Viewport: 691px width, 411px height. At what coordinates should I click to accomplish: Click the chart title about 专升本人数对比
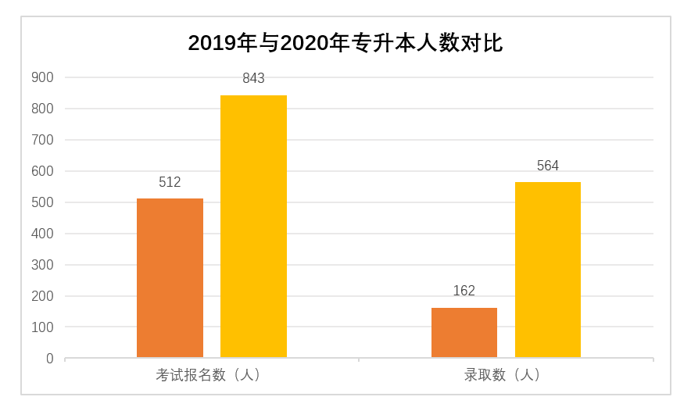(345, 43)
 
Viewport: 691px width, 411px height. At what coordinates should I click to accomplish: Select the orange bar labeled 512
(170, 278)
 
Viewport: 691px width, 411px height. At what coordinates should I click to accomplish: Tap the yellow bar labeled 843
(253, 227)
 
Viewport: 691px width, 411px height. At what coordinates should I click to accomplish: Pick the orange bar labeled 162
(464, 333)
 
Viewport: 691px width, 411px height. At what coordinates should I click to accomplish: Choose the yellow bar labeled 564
(547, 270)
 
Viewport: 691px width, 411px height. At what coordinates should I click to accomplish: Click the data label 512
(170, 183)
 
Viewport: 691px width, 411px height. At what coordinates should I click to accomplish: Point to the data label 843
(253, 79)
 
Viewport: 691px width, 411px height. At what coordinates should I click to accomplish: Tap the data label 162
(464, 291)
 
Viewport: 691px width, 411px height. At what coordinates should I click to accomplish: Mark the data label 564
(547, 166)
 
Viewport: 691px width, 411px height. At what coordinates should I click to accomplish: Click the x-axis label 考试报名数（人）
(211, 375)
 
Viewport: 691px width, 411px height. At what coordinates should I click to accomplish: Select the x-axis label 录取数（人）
(505, 375)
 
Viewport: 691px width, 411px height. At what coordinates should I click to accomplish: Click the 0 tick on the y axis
(49, 359)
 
